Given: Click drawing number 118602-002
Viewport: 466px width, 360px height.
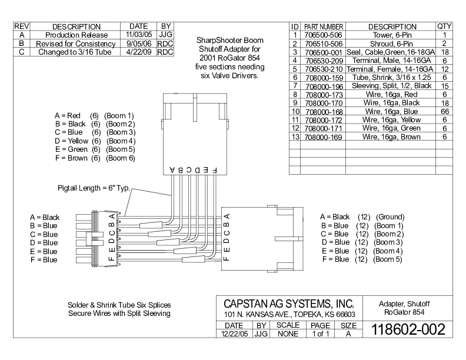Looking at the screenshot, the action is tap(408, 329).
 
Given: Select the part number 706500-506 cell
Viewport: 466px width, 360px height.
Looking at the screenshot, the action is tap(324, 35).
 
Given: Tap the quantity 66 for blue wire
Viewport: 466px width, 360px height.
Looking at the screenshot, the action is tap(445, 111).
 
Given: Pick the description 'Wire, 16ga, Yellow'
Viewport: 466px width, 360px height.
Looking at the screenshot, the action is tap(391, 119).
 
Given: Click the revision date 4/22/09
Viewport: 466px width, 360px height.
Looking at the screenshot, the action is tap(139, 52).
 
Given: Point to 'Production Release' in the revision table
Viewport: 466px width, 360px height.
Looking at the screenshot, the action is tap(76, 35).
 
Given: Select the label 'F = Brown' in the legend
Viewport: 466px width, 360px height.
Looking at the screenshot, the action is tap(71, 158).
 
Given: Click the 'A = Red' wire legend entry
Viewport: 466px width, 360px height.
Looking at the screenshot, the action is tap(68, 115).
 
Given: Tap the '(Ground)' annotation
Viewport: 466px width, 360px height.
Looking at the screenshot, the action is tap(390, 217).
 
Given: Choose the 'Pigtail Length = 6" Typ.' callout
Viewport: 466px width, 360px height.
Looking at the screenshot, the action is tap(94, 188).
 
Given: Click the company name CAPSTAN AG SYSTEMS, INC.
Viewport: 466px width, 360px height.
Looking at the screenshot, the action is tap(289, 304).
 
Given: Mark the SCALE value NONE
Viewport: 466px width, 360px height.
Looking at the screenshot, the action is tap(288, 334).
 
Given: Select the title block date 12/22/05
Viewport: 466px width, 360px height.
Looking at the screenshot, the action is tap(235, 334).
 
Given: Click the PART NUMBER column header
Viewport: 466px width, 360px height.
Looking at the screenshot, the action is tap(324, 26).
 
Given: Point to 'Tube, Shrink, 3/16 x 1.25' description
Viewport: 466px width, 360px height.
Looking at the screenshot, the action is tap(391, 78).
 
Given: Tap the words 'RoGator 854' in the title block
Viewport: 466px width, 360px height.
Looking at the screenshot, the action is tap(404, 312).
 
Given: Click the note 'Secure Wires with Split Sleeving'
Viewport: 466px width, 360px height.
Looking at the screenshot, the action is tap(119, 314).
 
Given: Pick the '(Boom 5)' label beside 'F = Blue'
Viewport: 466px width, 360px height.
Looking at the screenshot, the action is tap(388, 259).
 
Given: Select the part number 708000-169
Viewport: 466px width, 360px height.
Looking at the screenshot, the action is tap(324, 137).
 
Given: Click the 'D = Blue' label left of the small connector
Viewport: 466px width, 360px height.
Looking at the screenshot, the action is tap(44, 243).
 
